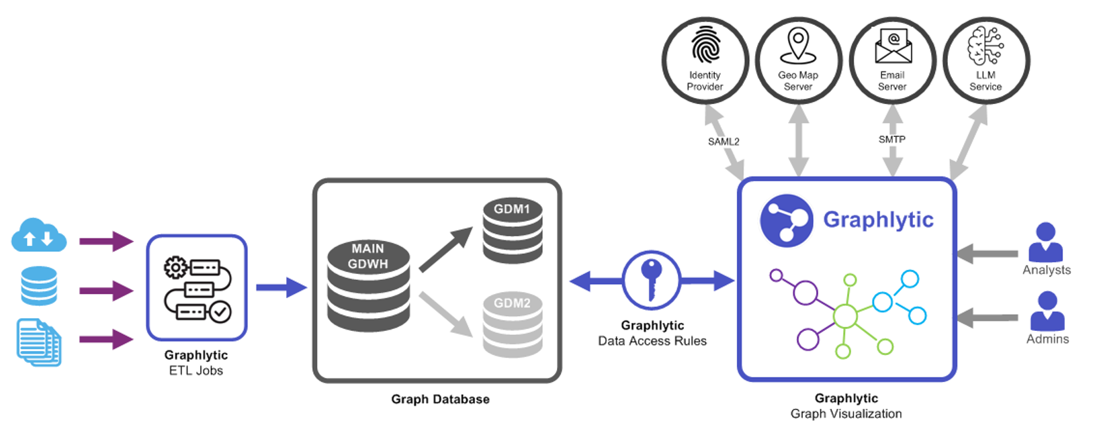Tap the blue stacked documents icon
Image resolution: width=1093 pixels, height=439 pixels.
tap(39, 342)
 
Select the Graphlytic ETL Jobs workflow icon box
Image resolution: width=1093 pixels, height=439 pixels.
tap(197, 287)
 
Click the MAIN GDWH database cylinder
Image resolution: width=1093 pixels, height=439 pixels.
tap(368, 285)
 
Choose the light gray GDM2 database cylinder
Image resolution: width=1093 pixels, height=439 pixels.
tap(513, 325)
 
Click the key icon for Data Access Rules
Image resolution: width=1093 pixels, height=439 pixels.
tap(651, 280)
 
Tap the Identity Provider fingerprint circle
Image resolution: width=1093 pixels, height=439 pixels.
tap(705, 60)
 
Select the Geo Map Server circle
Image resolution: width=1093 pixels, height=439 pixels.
tap(798, 60)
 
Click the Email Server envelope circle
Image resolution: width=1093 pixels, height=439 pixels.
tap(892, 60)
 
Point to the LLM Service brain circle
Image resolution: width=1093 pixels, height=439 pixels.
tap(986, 60)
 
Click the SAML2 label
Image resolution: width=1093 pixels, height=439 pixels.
tap(724, 142)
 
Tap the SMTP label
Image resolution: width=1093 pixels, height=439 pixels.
tap(892, 140)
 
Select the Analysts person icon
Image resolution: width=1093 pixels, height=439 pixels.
tap(1045, 242)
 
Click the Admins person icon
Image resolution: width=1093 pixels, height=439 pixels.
tap(1047, 311)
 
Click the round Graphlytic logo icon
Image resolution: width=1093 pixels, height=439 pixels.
tap(786, 221)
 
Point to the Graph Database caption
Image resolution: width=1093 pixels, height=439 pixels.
tap(440, 399)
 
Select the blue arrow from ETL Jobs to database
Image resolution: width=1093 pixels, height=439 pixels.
tap(281, 287)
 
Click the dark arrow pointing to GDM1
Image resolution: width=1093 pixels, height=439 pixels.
tap(445, 250)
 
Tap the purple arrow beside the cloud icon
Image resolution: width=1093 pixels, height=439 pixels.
tap(106, 241)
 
